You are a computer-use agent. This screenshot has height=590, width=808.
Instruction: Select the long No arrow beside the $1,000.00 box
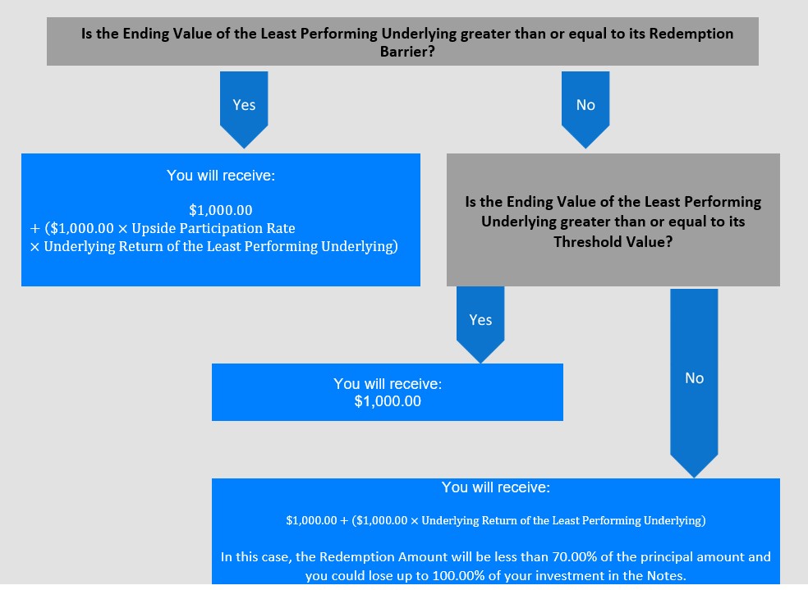coord(694,379)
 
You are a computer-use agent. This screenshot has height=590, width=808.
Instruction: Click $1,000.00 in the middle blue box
coord(388,401)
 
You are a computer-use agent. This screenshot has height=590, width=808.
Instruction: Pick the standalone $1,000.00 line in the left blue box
coord(220,210)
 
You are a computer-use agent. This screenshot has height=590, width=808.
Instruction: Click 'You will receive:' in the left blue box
coord(220,175)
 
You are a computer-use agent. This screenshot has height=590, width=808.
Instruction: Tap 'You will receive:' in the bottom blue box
coord(496,487)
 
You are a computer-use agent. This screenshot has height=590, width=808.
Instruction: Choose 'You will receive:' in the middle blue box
coord(388,384)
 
